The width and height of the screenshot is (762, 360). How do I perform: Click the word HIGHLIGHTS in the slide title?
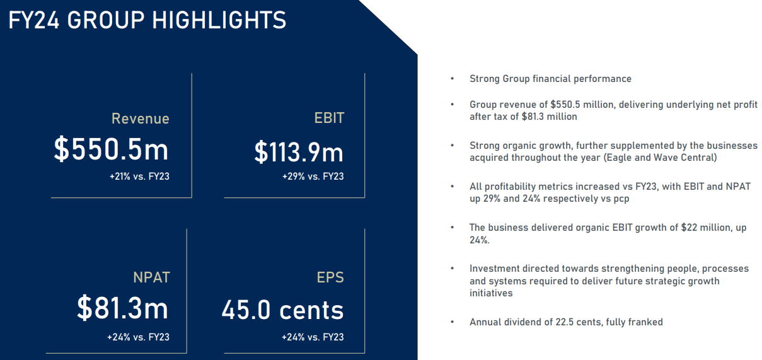coord(219,20)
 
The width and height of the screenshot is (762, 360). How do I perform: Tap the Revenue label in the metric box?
coord(140,119)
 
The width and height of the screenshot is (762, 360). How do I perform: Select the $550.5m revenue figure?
coord(111,149)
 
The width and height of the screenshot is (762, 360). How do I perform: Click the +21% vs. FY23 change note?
coord(139,177)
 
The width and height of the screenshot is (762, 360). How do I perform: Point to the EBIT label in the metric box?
coord(329,118)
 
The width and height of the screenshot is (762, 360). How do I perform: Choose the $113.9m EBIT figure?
coord(299,152)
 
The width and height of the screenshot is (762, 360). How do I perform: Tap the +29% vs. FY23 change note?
coord(313,177)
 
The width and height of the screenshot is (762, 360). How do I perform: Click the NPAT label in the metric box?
coord(151,277)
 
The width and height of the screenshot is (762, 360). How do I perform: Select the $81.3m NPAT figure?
coord(122,308)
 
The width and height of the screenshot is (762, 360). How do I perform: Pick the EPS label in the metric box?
coord(330,277)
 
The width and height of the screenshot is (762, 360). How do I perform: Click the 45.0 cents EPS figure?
coord(283,310)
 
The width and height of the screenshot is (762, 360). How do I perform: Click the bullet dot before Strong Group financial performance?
coord(452,79)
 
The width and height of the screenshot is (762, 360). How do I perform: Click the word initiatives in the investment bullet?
coord(491,293)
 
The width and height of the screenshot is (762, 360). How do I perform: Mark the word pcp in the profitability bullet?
coord(621,199)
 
